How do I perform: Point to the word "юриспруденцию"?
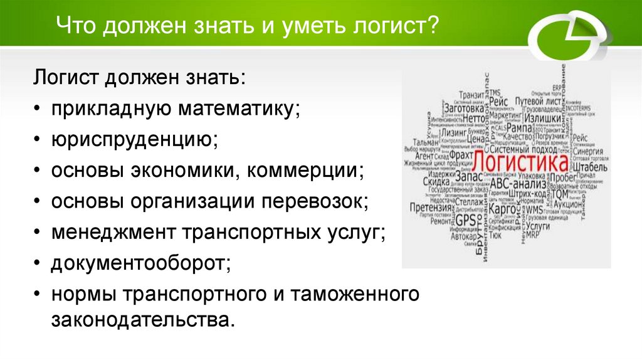[135, 139]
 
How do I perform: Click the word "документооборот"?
[141, 263]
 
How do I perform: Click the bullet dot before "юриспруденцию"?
[39, 140]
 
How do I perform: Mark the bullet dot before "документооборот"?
[39, 263]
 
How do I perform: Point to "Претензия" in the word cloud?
[430, 208]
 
